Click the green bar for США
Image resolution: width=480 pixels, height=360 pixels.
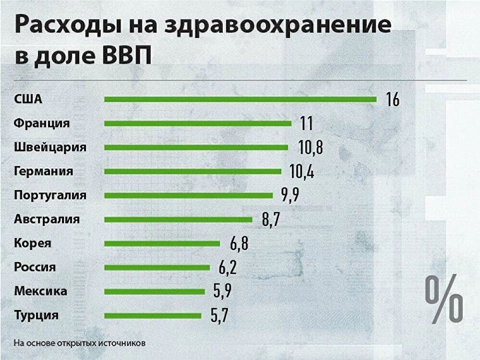[x=240, y=99]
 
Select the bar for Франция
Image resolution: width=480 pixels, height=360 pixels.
[x=198, y=124]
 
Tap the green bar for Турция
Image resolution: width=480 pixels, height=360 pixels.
[x=152, y=316]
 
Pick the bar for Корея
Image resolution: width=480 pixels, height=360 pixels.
[x=162, y=244]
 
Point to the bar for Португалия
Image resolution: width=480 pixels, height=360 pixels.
[x=188, y=196]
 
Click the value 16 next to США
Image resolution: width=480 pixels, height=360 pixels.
[x=392, y=99]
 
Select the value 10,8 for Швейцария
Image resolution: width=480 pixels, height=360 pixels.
[x=310, y=148]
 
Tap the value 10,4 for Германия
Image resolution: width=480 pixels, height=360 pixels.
[x=302, y=172]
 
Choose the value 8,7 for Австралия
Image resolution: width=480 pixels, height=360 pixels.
[x=271, y=220]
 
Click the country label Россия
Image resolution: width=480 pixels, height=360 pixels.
[x=35, y=267]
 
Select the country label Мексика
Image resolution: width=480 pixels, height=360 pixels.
[x=40, y=291]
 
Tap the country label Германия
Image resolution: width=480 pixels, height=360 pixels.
[x=44, y=171]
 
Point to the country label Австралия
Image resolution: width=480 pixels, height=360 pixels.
[x=47, y=220]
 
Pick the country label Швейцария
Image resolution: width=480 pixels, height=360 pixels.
[x=50, y=147]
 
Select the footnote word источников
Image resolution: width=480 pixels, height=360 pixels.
[x=123, y=344]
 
